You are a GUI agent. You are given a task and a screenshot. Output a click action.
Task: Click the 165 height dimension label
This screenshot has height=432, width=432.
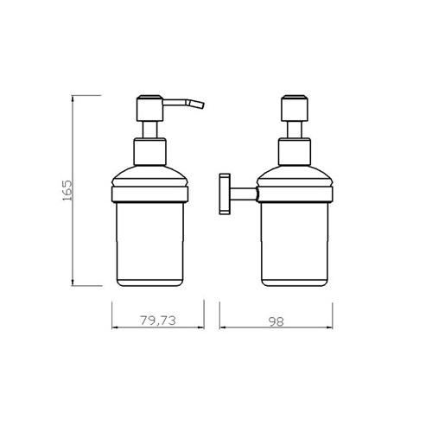(67, 190)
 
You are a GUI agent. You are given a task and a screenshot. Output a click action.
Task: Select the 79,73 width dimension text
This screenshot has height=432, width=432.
(158, 321)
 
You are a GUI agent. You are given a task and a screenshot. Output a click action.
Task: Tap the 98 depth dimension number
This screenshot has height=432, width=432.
(276, 321)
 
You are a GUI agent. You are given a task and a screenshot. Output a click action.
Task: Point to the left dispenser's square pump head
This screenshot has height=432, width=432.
(150, 108)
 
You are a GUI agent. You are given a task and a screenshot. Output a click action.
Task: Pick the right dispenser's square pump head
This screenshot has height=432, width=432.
(295, 108)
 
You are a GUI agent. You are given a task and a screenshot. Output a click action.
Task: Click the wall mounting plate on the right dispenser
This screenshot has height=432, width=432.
(225, 194)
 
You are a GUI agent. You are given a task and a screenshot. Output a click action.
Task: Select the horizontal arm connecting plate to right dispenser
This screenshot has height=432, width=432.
(244, 194)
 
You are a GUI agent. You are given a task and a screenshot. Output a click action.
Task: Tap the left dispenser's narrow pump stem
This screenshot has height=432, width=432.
(150, 130)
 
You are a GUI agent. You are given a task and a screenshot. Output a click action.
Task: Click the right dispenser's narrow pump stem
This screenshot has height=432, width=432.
(295, 130)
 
